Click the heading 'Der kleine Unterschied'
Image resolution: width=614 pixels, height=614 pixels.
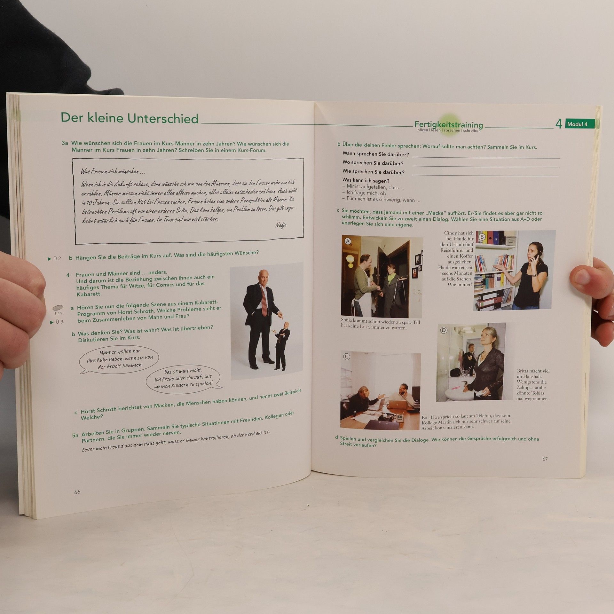(x=130, y=118)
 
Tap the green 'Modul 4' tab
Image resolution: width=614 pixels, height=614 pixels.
(x=580, y=124)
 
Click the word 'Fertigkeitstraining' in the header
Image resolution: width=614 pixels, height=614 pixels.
(x=449, y=124)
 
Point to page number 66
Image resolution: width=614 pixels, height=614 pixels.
(x=77, y=492)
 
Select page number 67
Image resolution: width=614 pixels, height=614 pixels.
(x=545, y=459)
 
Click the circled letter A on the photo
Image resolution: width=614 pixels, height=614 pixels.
(x=348, y=241)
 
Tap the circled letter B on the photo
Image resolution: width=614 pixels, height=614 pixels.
(x=482, y=237)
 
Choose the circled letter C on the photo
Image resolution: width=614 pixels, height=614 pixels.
(x=347, y=357)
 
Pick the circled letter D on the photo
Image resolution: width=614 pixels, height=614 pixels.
(x=444, y=330)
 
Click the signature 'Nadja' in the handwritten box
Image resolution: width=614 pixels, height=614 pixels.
(x=281, y=225)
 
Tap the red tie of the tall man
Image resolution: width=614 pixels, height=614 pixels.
(x=264, y=300)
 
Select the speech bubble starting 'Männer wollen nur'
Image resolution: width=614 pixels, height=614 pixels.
(x=119, y=359)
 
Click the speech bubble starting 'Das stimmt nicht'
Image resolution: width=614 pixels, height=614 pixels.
(x=184, y=378)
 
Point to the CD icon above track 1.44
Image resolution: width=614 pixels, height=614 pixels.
(x=58, y=308)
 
